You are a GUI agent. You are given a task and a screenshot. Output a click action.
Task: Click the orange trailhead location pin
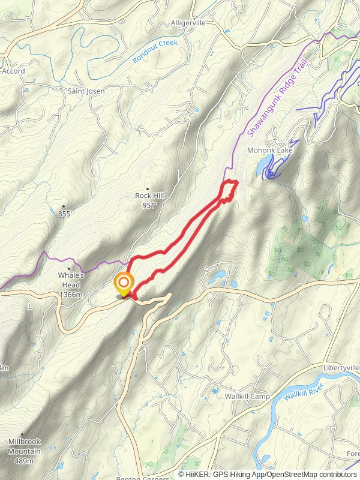click(x=124, y=283)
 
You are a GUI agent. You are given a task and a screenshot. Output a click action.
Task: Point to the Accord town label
click(x=13, y=71)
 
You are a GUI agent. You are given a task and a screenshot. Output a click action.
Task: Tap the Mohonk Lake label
click(x=270, y=150)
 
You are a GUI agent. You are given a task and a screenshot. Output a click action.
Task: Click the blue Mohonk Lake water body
click(x=264, y=166)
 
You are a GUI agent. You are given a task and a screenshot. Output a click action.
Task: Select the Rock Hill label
click(x=146, y=196)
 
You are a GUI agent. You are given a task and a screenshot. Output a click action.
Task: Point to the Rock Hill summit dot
click(x=147, y=189)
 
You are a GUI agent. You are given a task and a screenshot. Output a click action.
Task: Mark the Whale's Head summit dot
click(x=69, y=269)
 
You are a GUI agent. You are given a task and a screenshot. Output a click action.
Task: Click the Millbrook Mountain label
click(x=24, y=447)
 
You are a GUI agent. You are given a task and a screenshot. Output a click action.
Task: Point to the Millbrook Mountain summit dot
click(x=22, y=435)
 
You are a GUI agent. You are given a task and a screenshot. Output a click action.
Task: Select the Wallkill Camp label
click(x=247, y=397)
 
